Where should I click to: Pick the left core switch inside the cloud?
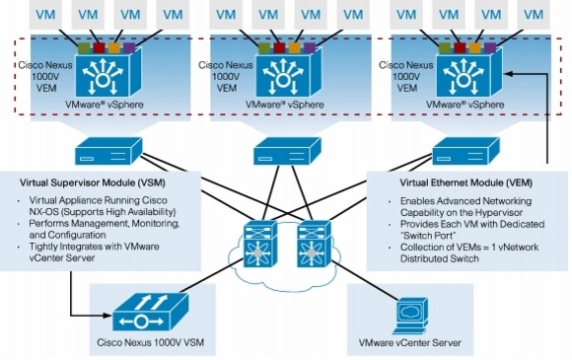click(x=262, y=243)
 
